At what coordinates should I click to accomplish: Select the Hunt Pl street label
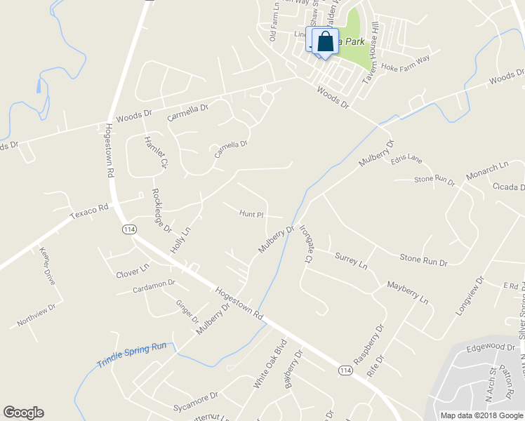[251, 213]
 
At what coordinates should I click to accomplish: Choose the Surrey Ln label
[351, 261]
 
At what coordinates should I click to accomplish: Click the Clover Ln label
[133, 269]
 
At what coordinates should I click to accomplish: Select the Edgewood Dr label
[491, 347]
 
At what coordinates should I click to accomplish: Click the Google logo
[23, 413]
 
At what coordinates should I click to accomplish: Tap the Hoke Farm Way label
[405, 62]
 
